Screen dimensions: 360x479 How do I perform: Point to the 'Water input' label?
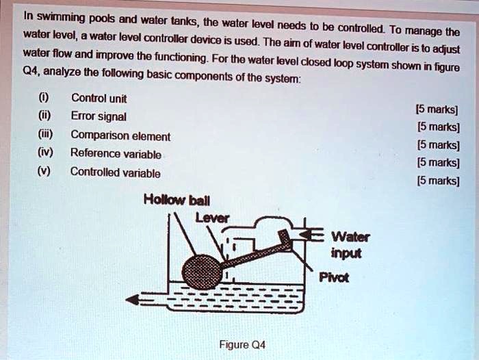pos(350,245)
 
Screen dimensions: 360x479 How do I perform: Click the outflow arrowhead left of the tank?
pos(133,298)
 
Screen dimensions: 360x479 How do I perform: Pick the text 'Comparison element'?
pos(120,135)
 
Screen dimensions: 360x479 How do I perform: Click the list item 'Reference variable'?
pos(116,153)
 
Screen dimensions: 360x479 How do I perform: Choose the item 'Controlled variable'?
pos(115,172)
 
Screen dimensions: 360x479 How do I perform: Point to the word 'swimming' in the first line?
pos(60,16)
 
